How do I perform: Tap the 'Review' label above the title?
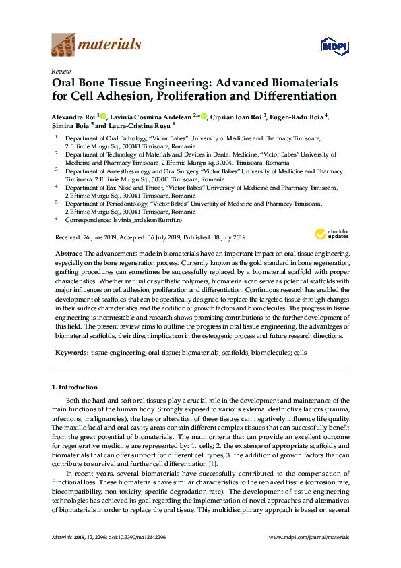tap(61, 70)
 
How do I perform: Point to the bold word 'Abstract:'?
tap(69, 252)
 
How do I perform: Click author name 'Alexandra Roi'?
tap(73, 116)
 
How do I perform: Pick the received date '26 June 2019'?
tap(99, 237)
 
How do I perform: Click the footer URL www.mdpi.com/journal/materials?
tap(309, 537)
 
